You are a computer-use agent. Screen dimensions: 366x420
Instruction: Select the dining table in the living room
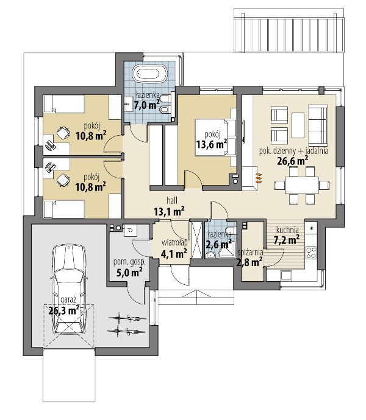click(x=301, y=185)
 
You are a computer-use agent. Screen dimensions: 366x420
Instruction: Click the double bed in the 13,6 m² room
click(x=215, y=137)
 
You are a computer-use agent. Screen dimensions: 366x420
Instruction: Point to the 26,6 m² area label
click(x=292, y=161)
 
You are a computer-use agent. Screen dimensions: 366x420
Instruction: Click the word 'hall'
click(x=172, y=200)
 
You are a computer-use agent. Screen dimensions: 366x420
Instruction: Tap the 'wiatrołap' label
click(x=174, y=243)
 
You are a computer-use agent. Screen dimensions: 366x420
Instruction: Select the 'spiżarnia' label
click(x=250, y=253)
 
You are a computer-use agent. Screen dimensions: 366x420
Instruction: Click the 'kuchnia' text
click(x=287, y=230)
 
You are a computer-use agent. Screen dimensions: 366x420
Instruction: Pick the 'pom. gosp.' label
click(x=129, y=262)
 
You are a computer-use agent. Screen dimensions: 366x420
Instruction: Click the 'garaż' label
click(x=68, y=299)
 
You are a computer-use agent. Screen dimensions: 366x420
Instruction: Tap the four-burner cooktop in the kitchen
click(x=311, y=253)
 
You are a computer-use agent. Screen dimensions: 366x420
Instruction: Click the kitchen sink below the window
click(x=286, y=275)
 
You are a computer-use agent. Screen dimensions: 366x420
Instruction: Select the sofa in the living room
click(x=318, y=124)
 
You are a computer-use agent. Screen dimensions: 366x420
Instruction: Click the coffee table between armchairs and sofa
click(x=298, y=125)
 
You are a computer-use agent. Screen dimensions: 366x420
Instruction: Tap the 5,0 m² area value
click(x=129, y=273)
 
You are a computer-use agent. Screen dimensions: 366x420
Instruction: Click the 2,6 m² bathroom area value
click(x=219, y=244)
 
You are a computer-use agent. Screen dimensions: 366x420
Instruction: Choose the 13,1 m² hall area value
click(x=169, y=211)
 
